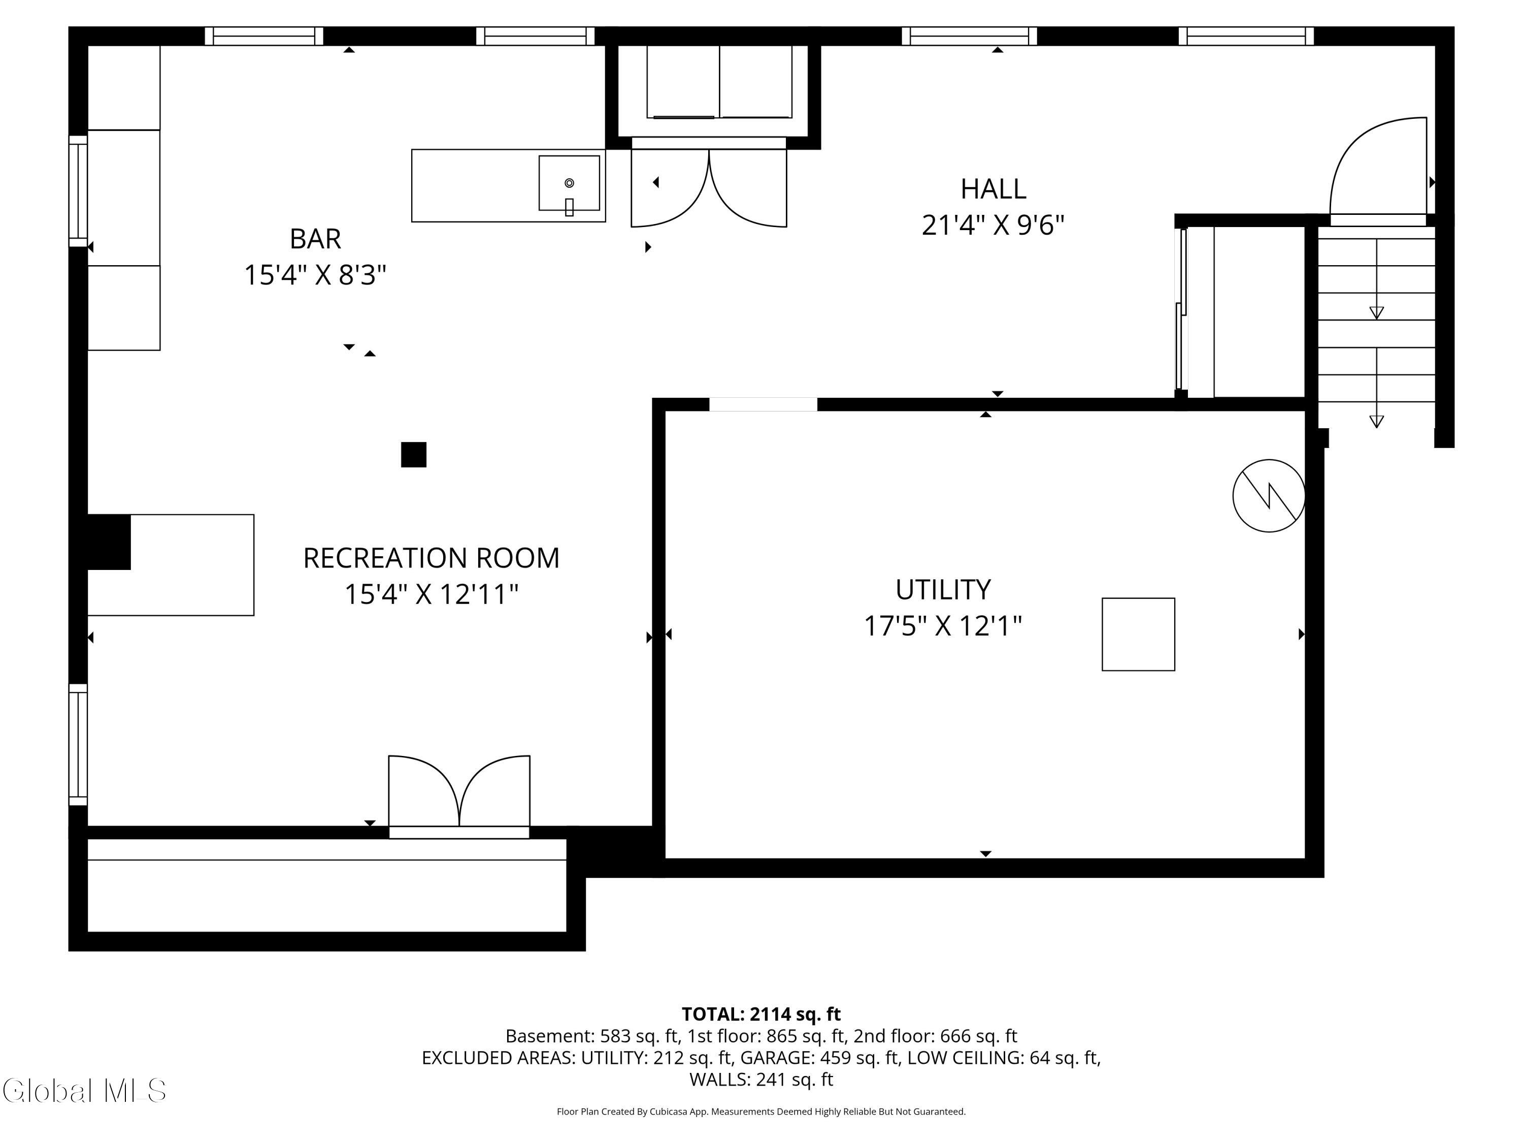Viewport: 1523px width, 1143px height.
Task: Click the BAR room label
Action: click(315, 238)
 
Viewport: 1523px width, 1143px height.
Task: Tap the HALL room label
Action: click(993, 188)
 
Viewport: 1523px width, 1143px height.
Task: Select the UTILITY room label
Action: click(943, 589)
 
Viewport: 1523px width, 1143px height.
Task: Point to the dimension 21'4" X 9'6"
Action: click(993, 225)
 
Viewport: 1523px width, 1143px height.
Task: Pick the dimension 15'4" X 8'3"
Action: click(315, 275)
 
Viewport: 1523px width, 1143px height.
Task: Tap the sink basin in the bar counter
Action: click(569, 182)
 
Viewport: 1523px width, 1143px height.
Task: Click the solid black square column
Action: click(414, 455)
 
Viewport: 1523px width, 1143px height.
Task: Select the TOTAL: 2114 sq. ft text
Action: click(761, 1014)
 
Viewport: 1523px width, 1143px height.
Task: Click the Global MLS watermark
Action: click(84, 1091)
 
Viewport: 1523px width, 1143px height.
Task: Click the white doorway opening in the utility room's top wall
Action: click(763, 404)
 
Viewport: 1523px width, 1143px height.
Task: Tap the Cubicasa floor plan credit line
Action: click(761, 1112)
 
